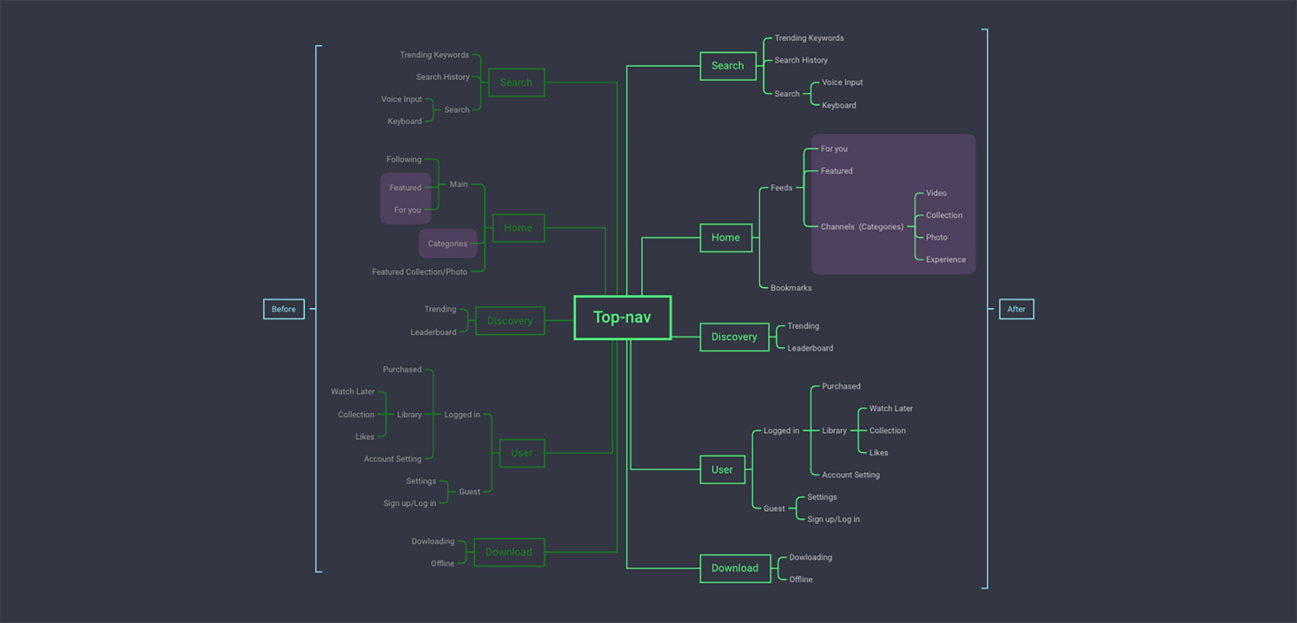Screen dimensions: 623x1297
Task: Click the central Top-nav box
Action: [x=622, y=317]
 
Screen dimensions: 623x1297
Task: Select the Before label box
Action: [x=283, y=309]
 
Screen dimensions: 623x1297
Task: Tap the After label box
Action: [x=1016, y=309]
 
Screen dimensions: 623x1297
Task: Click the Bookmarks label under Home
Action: [x=791, y=287]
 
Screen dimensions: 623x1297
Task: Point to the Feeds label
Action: [x=781, y=188]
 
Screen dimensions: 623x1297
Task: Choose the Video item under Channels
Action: [x=936, y=193]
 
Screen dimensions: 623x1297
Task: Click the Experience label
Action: [x=946, y=260]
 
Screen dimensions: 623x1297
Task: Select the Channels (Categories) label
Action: [x=862, y=226]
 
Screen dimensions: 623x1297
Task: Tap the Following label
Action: [x=403, y=159]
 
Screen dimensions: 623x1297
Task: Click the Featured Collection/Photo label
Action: [x=419, y=272]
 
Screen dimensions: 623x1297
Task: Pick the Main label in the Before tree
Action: [x=458, y=184]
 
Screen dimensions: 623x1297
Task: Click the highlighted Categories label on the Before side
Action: [x=447, y=243]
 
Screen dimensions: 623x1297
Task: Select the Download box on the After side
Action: [x=735, y=568]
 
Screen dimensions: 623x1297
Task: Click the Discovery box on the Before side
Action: [x=510, y=321]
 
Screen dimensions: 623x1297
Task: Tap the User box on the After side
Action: [x=722, y=470]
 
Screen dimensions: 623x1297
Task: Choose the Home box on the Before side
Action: [x=518, y=228]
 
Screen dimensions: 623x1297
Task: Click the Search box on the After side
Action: [x=728, y=66]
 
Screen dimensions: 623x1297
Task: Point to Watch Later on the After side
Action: [x=890, y=408]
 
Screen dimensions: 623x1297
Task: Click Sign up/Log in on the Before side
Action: [x=409, y=503]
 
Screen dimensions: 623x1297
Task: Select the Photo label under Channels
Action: [x=936, y=238]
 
